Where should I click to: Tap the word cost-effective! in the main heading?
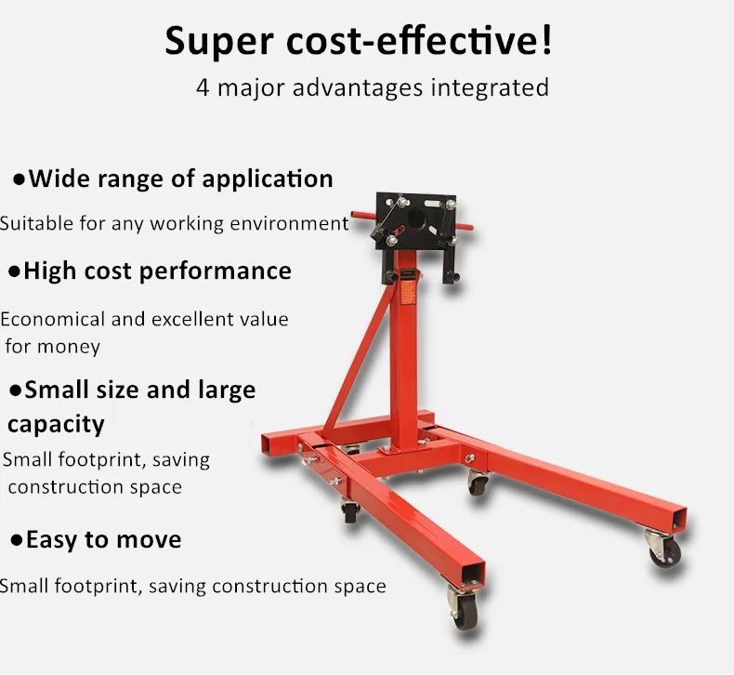419,42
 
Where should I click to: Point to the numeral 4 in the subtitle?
202,88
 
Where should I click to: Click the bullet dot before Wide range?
18,179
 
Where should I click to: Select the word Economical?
53,319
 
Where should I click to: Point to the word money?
68,346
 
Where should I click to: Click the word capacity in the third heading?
56,424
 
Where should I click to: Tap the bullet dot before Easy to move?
16,540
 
